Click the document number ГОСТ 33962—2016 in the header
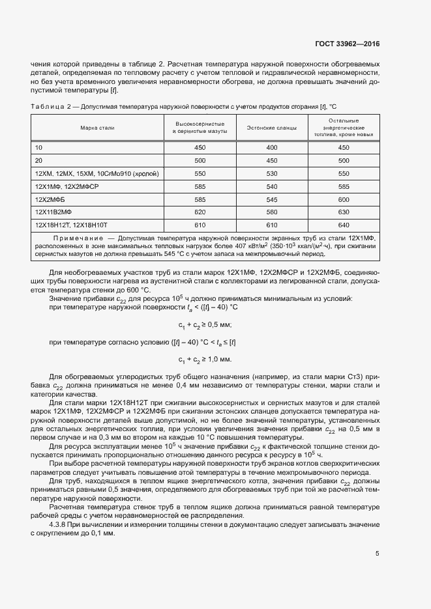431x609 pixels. tap(346, 44)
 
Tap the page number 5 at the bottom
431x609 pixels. tap(378, 554)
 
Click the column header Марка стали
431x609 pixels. tap(97, 128)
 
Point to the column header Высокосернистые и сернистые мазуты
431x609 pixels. tap(200, 128)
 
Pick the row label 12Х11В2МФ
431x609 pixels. tap(55, 212)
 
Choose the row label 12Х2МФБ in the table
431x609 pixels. tap(52, 199)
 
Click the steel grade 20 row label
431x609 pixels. tap(38, 160)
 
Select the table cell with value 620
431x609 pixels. tap(200, 212)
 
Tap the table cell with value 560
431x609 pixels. tap(271, 212)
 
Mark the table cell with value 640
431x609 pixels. tap(344, 225)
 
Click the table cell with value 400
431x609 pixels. tap(271, 147)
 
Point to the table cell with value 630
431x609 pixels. tap(344, 212)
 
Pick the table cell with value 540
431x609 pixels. tap(271, 186)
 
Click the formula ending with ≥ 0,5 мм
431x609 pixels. tap(205, 325)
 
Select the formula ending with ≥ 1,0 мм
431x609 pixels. tap(205, 359)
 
